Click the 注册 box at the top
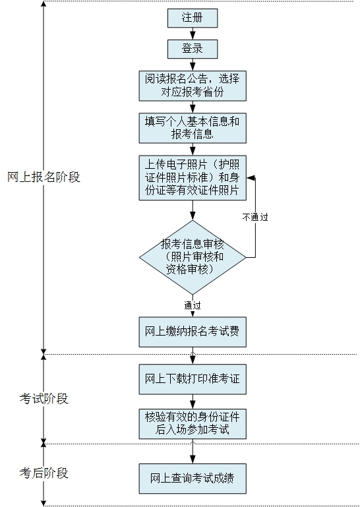point(192,18)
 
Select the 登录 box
point(192,49)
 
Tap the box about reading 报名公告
point(192,86)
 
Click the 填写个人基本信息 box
point(192,128)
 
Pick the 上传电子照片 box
point(192,178)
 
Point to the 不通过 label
point(255,216)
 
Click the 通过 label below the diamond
point(193,305)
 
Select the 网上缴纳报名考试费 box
point(192,334)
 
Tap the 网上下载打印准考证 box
point(192,380)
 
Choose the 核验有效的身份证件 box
point(192,423)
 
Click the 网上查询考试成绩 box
point(192,478)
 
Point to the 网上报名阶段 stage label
point(44,177)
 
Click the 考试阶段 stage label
point(44,399)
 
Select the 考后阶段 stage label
point(44,473)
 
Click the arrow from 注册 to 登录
point(192,34)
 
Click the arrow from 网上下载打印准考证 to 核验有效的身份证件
point(192,401)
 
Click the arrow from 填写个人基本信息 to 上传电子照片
point(192,150)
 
